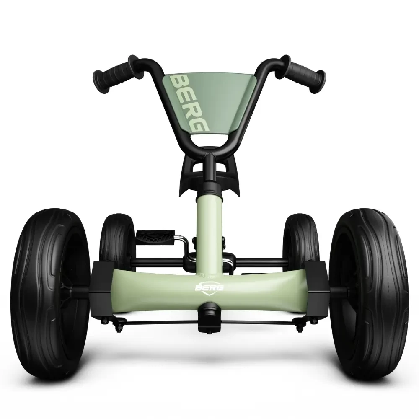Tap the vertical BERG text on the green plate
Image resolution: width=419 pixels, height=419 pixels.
point(189,103)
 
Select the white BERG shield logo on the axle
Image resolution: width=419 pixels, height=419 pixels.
point(209,287)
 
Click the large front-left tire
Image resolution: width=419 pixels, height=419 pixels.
point(51,292)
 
